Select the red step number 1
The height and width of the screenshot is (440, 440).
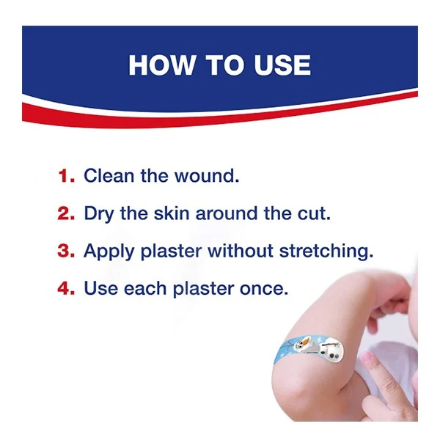pyautogui.click(x=67, y=176)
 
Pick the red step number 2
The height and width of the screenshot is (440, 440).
pyautogui.click(x=66, y=213)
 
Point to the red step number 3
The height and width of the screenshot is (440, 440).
pyautogui.click(x=66, y=251)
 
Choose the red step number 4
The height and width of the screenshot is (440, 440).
pyautogui.click(x=66, y=288)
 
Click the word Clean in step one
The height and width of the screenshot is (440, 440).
pyautogui.click(x=109, y=176)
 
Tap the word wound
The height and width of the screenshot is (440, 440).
pyautogui.click(x=207, y=176)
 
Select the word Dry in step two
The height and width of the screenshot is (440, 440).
pyautogui.click(x=99, y=214)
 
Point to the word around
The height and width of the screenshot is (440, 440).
pyautogui.click(x=226, y=213)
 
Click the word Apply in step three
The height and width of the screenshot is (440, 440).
pyautogui.click(x=109, y=252)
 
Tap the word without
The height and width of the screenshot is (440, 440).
pyautogui.click(x=241, y=251)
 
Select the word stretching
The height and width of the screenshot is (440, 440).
pyautogui.click(x=326, y=252)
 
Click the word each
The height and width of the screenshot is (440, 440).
pyautogui.click(x=145, y=288)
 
